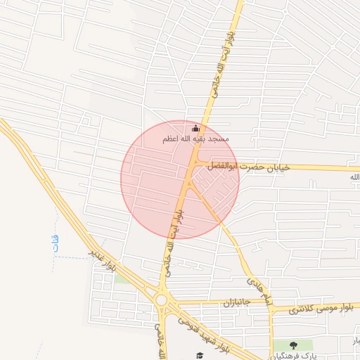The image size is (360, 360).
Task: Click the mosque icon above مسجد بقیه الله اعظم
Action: tap(196, 129)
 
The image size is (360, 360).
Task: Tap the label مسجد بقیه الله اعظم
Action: tap(196, 139)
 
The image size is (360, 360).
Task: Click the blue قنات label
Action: tap(56, 244)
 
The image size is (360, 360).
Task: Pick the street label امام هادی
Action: tap(257, 281)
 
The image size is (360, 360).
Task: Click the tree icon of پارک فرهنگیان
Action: tap(293, 345)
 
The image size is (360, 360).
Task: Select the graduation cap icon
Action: tap(199, 355)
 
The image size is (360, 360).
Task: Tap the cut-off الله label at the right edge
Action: tap(354, 177)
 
